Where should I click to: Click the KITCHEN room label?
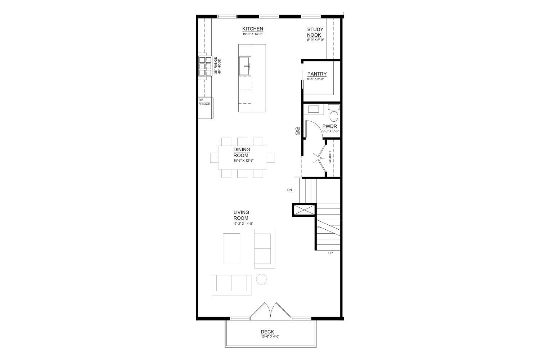click(252, 29)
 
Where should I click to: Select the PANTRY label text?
click(317, 74)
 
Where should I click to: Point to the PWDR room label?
click(329, 126)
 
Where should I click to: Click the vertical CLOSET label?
click(330, 157)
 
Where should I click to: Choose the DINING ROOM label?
click(242, 152)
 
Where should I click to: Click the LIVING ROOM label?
click(241, 215)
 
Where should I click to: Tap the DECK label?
click(267, 332)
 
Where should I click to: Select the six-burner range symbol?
click(205, 66)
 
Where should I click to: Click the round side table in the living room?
click(261, 279)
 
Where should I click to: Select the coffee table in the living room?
click(231, 249)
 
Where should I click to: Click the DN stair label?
click(289, 190)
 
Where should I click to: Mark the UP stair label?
click(330, 253)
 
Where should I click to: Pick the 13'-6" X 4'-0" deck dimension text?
click(270, 337)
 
